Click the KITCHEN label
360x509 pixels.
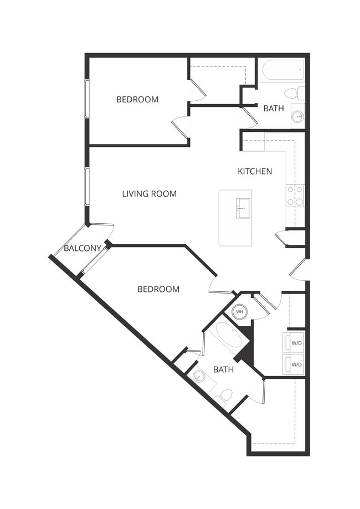255,171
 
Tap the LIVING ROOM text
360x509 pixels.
149,194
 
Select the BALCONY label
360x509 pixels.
83,248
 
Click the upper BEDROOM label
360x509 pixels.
137,100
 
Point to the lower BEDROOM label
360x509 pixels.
158,289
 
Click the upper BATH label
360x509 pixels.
273,109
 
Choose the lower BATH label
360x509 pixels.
223,369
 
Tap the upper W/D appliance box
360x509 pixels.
295,343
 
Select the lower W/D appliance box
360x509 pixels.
295,364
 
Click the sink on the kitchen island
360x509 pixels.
243,208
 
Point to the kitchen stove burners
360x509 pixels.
295,196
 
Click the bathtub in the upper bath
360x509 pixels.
283,70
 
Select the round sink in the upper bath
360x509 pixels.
297,116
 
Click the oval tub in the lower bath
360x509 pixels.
228,336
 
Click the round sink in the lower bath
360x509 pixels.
199,377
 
